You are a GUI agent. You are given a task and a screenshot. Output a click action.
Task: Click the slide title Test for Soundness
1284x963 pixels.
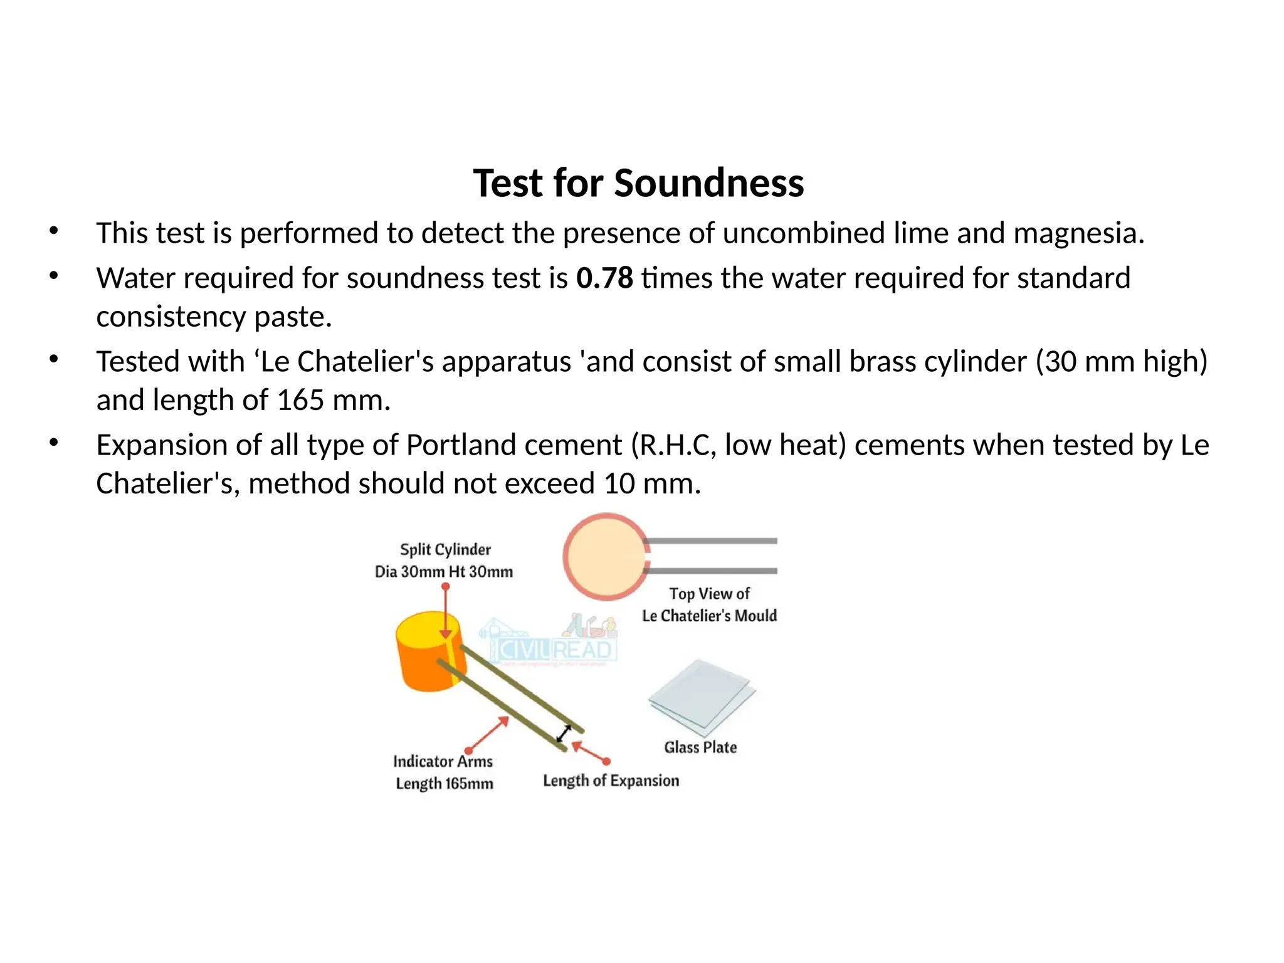click(x=638, y=184)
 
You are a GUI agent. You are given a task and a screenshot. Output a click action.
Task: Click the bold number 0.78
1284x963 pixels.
click(x=604, y=278)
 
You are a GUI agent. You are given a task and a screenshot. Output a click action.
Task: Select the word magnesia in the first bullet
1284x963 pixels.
click(x=1078, y=233)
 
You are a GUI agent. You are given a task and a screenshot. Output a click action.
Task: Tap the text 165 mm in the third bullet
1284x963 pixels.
click(x=332, y=400)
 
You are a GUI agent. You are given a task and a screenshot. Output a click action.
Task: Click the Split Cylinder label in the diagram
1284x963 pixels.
click(x=445, y=550)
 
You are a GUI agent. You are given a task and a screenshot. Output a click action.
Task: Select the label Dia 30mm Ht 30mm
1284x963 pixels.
click(x=444, y=572)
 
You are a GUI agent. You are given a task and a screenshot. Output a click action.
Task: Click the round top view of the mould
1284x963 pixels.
click(x=605, y=556)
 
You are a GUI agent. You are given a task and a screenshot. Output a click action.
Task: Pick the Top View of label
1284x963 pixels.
click(x=709, y=594)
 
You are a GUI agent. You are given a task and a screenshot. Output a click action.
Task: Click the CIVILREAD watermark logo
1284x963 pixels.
click(x=552, y=646)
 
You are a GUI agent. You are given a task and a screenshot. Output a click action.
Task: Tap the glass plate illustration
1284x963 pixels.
click(x=702, y=697)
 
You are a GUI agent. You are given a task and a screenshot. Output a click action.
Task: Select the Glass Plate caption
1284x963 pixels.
click(x=700, y=747)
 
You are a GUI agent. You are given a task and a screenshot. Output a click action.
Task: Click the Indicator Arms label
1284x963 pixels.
click(x=443, y=761)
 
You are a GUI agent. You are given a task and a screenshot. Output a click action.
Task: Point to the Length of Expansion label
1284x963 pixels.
click(x=611, y=781)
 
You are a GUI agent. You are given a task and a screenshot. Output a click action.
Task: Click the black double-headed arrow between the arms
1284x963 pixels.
click(x=564, y=733)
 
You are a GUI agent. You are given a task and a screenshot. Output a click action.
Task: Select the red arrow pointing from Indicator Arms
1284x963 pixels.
click(x=488, y=734)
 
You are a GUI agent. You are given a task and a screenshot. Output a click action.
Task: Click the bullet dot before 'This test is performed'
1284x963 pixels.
click(x=54, y=231)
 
